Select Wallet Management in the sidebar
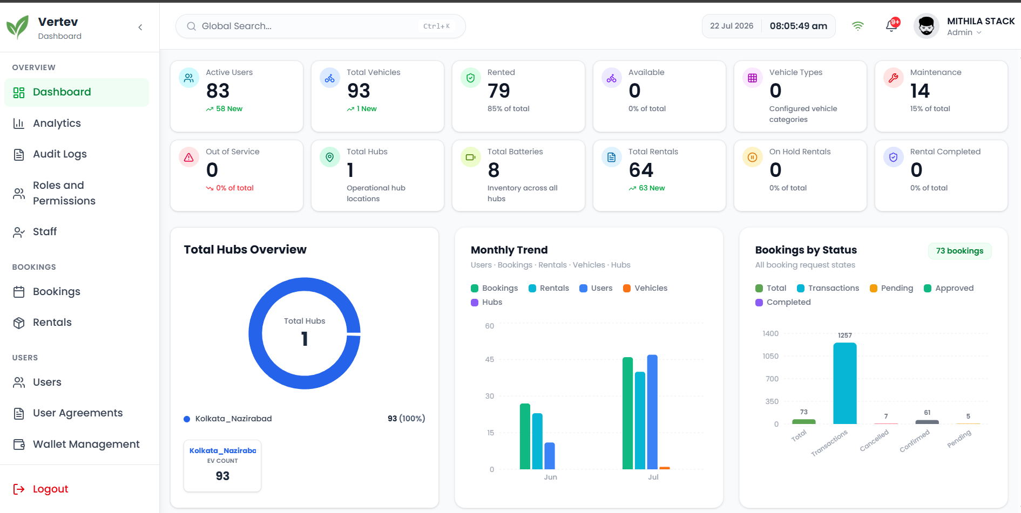(x=76, y=444)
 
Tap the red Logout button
(x=40, y=489)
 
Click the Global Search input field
(x=320, y=26)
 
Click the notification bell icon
(x=891, y=26)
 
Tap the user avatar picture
(x=927, y=26)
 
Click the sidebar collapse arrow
(x=140, y=27)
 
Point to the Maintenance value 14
(x=920, y=91)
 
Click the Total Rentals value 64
(x=641, y=170)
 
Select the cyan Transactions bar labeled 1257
(x=845, y=383)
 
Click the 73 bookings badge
(x=960, y=251)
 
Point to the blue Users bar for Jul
(x=652, y=412)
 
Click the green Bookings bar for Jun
(x=525, y=436)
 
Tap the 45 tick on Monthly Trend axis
(x=490, y=359)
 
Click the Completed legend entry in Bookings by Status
(x=783, y=302)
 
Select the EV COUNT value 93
(x=222, y=476)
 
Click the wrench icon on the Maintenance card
(x=893, y=78)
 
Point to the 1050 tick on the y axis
(x=770, y=356)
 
